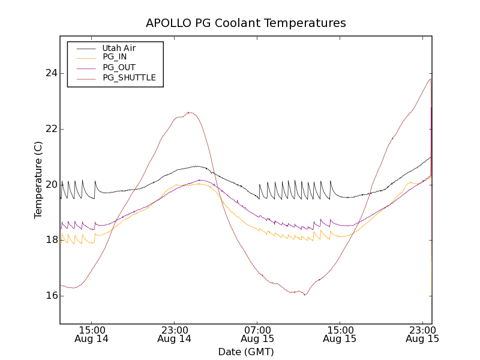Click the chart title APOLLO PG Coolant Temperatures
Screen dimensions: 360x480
pyautogui.click(x=246, y=23)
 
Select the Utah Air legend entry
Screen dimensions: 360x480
pyautogui.click(x=119, y=48)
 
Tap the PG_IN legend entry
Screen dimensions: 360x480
pyautogui.click(x=115, y=57)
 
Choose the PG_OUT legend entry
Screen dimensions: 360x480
pyautogui.click(x=119, y=67)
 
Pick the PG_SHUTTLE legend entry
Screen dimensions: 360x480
pyautogui.click(x=129, y=77)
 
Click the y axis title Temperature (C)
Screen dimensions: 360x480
pyautogui.click(x=38, y=180)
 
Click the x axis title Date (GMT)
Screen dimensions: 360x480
pyautogui.click(x=246, y=352)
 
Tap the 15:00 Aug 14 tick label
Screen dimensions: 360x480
pyautogui.click(x=91, y=334)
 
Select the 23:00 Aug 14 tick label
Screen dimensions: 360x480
pyautogui.click(x=174, y=334)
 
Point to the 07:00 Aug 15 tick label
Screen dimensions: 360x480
pyautogui.click(x=257, y=334)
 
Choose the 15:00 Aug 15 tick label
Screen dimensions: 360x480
pyautogui.click(x=340, y=334)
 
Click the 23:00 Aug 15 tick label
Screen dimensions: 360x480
pyautogui.click(x=422, y=334)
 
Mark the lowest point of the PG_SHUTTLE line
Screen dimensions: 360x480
pyautogui.click(x=305, y=295)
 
